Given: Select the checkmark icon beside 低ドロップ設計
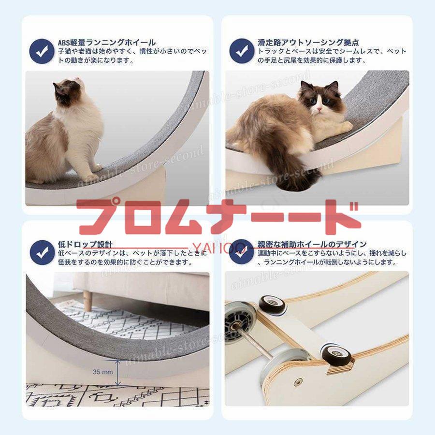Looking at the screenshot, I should pyautogui.click(x=42, y=252).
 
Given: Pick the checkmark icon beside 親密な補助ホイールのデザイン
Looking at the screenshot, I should pyautogui.click(x=241, y=252).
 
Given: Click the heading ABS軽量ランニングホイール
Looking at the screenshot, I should pyautogui.click(x=107, y=43).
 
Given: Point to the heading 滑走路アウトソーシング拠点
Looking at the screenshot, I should pyautogui.click(x=308, y=43).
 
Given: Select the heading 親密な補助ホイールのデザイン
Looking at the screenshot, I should pyautogui.click(x=312, y=245).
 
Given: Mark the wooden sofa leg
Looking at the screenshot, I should pyautogui.click(x=87, y=301).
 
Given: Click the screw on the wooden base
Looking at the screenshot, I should pyautogui.click(x=298, y=382).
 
